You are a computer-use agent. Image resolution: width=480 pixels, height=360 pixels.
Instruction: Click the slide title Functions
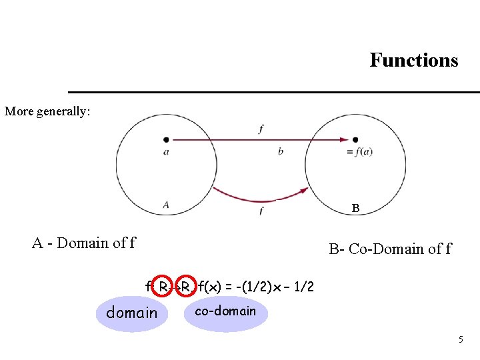pyautogui.click(x=414, y=61)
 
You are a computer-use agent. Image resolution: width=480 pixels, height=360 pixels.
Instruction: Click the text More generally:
pyautogui.click(x=47, y=111)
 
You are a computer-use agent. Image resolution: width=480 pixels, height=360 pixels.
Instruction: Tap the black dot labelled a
pyautogui.click(x=166, y=139)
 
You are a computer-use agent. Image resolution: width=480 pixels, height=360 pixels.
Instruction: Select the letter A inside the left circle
pyautogui.click(x=165, y=205)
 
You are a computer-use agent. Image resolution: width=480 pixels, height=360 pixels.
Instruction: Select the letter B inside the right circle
pyautogui.click(x=356, y=209)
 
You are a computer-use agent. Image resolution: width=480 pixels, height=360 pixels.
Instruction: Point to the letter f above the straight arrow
pyautogui.click(x=260, y=129)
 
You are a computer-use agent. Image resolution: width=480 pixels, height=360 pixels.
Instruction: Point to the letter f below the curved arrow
pyautogui.click(x=260, y=211)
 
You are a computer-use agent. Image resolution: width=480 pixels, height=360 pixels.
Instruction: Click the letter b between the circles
pyautogui.click(x=280, y=152)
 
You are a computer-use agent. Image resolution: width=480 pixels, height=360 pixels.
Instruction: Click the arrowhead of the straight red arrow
pyautogui.click(x=345, y=139)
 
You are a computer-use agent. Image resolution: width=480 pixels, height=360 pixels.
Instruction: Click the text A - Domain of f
pyautogui.click(x=83, y=243)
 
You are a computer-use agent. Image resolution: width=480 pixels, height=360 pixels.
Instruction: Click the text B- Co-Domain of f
pyautogui.click(x=390, y=249)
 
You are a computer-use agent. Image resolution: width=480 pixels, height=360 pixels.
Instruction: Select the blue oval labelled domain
pyautogui.click(x=132, y=313)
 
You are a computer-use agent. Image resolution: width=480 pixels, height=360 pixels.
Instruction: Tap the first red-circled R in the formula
pyautogui.click(x=162, y=287)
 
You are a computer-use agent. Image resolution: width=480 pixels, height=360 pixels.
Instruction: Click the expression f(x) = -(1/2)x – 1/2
pyautogui.click(x=256, y=287)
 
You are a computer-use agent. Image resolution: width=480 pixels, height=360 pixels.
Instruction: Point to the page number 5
pyautogui.click(x=460, y=340)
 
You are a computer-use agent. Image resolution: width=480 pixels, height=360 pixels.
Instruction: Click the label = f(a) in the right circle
pyautogui.click(x=360, y=152)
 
